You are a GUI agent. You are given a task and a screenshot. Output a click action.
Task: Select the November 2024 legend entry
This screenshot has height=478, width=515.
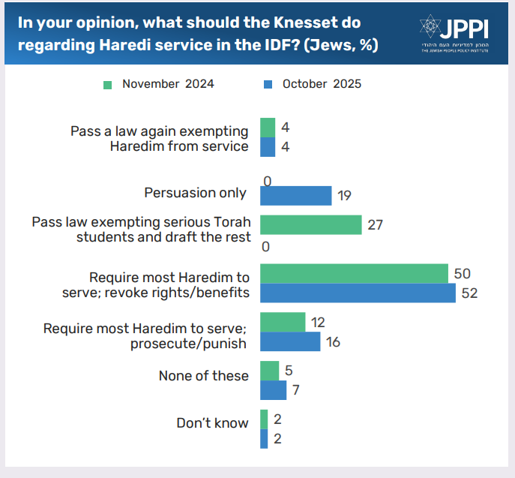coord(159,84)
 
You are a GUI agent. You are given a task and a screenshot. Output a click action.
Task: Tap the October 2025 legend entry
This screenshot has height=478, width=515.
coord(313,84)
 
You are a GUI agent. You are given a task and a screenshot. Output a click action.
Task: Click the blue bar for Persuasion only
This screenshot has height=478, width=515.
coord(295,196)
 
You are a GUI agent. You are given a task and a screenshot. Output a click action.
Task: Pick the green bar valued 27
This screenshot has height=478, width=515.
coord(310,224)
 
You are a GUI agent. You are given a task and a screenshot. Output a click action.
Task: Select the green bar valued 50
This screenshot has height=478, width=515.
coord(354,273)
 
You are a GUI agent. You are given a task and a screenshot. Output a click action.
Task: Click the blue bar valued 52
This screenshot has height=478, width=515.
coord(358,293)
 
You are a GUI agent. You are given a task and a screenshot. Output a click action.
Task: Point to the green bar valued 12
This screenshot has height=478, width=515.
coord(283,322)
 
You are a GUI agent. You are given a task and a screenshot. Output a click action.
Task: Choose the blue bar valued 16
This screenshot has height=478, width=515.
coord(290,341)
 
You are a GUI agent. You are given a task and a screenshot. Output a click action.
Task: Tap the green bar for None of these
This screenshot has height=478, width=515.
coord(269,371)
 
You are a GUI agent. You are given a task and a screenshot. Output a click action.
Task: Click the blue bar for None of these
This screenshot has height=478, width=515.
coord(273,390)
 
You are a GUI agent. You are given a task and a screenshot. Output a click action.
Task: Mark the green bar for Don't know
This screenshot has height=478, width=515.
coord(264,419)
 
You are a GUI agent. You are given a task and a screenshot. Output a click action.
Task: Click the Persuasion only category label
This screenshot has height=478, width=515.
coord(195,193)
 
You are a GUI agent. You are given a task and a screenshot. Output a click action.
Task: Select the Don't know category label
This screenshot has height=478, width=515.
coord(212,422)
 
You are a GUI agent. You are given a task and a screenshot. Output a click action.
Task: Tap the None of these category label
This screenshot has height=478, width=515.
coord(203,375)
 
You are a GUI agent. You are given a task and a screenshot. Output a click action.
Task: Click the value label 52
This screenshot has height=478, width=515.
coord(469,293)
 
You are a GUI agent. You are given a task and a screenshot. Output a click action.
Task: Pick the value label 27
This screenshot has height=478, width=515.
coord(374,224)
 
